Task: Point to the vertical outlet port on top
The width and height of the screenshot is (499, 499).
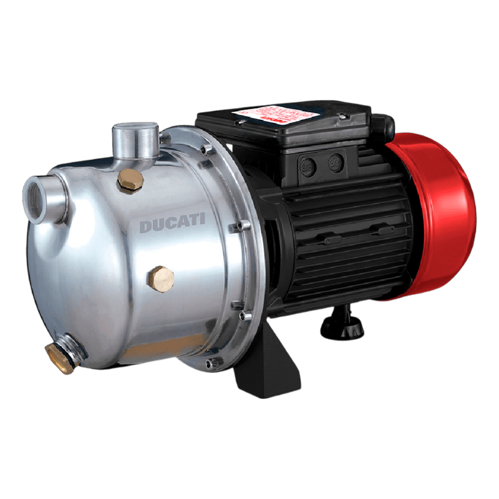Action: [x=134, y=140]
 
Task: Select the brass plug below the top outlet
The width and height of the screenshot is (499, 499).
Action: [x=130, y=180]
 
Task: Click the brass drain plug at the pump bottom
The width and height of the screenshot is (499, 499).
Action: [x=60, y=357]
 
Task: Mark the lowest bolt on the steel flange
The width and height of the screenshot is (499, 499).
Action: [x=215, y=360]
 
